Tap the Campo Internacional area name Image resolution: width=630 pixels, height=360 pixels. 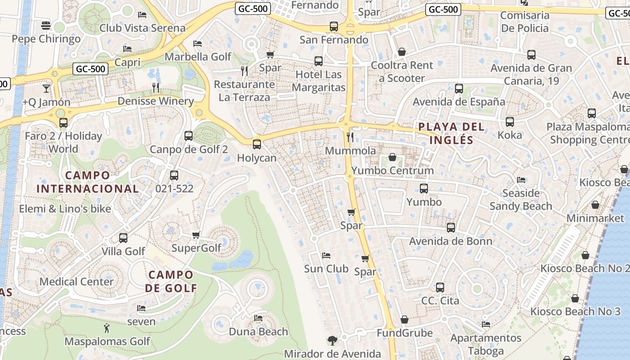click(87, 182)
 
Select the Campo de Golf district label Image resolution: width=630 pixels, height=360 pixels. click(171, 281)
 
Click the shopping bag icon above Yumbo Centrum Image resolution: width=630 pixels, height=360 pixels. click(392, 157)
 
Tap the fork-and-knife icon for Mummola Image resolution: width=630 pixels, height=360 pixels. click(350, 137)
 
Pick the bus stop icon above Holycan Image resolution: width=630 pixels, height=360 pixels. click(256, 144)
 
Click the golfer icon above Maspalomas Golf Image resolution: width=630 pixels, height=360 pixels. click(107, 328)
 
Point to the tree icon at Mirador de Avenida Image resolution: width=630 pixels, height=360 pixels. click(333, 340)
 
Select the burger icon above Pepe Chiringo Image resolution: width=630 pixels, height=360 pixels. click(45, 26)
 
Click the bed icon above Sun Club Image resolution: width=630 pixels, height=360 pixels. click(326, 256)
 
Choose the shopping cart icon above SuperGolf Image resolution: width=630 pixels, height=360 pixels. click(196, 235)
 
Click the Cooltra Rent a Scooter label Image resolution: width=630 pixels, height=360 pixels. click(401, 72)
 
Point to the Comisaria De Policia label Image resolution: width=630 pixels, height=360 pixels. click(525, 22)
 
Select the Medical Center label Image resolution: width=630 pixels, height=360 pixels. click(76, 282)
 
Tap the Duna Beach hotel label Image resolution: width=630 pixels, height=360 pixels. click(258, 332)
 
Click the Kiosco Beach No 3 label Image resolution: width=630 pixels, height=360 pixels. click(575, 311)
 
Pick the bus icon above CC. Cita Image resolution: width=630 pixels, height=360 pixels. click(440, 287)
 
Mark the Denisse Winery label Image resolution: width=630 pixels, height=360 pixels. click(155, 101)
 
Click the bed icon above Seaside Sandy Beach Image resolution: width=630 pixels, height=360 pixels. click(521, 180)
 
